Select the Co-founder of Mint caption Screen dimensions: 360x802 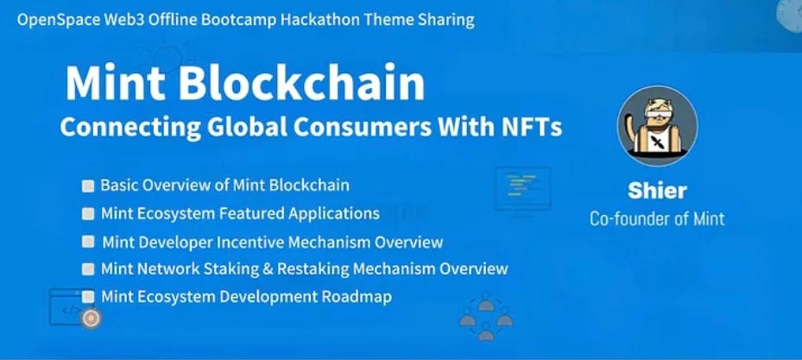tap(657, 218)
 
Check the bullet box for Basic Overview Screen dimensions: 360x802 tap(88, 186)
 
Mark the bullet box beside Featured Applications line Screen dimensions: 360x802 tap(88, 213)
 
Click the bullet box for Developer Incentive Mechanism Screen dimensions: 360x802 tap(88, 242)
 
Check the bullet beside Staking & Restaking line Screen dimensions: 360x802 tap(88, 269)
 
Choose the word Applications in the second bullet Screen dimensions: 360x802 tap(335, 213)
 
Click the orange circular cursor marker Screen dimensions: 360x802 tap(91, 318)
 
